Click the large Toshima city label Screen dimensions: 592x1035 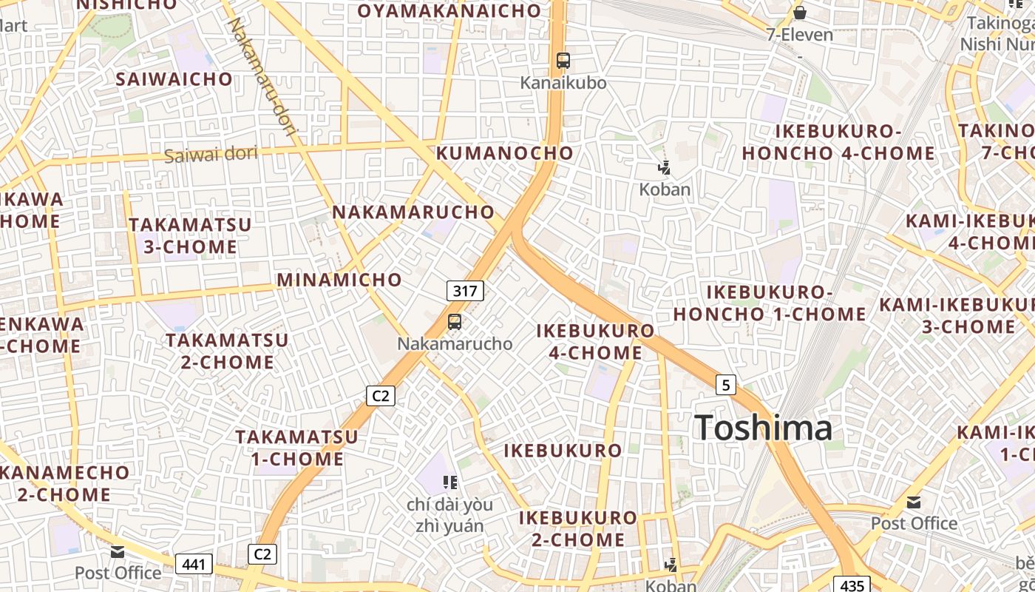tap(763, 428)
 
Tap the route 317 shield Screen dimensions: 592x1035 tap(465, 291)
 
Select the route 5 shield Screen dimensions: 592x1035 tap(726, 384)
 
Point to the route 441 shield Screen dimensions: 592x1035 tap(194, 565)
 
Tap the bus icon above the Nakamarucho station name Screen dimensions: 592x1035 tap(455, 322)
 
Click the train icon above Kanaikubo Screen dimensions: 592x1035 tap(563, 61)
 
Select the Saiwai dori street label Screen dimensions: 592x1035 tap(211, 155)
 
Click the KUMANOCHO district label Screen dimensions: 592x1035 tap(504, 153)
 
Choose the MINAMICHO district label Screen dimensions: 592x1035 tap(339, 280)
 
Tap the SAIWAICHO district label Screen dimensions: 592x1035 tap(174, 79)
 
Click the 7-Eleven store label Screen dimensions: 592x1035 tap(799, 35)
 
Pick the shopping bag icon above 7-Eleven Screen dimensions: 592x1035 tap(799, 13)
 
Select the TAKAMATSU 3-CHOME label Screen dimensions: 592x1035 tap(191, 235)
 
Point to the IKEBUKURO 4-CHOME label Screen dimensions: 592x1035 tap(595, 341)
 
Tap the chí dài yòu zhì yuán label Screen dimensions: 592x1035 tap(449, 515)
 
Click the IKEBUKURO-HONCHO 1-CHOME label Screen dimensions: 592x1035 tap(769, 303)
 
